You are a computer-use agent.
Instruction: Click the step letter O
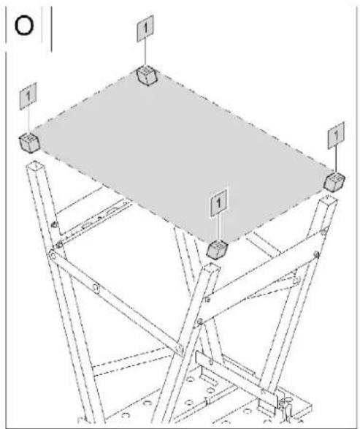click(24, 26)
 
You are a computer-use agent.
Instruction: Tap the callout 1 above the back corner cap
click(145, 29)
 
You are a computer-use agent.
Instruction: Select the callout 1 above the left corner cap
click(28, 96)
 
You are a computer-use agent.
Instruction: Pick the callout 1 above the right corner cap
click(336, 135)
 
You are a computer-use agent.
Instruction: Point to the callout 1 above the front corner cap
click(218, 203)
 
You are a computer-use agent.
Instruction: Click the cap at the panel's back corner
click(147, 75)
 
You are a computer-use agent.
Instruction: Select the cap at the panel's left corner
click(29, 143)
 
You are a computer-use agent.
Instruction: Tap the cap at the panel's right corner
click(334, 182)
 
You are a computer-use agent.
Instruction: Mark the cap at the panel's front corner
click(218, 249)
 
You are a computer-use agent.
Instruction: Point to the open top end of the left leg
click(34, 165)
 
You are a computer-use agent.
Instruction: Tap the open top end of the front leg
click(212, 267)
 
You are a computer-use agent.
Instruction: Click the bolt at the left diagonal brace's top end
click(52, 256)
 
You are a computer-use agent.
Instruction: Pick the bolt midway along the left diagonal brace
click(96, 288)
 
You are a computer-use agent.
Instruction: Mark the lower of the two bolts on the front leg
click(200, 322)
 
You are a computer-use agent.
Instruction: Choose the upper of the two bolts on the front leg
click(207, 300)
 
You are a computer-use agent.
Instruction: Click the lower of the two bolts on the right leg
click(317, 255)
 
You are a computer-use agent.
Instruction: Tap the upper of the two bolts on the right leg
click(323, 232)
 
